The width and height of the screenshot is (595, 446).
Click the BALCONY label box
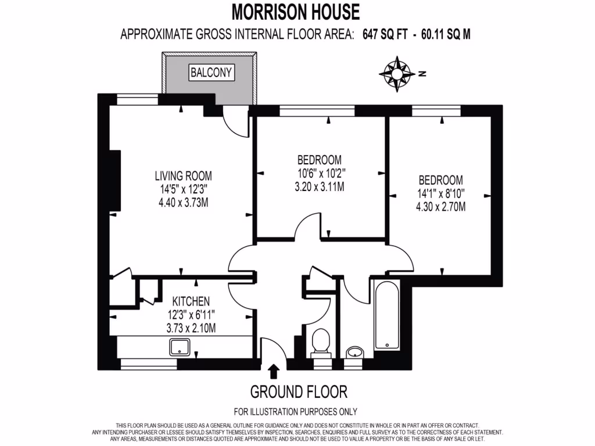211,73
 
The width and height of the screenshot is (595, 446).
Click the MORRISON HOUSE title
296,12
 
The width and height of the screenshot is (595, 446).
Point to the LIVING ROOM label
182,175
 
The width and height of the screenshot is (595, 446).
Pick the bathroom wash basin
354,352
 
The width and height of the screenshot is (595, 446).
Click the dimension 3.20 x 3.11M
320,187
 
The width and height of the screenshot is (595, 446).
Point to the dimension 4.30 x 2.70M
440,207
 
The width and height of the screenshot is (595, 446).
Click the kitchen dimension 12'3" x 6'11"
191,315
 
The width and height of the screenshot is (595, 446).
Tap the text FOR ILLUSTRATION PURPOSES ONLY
295,412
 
